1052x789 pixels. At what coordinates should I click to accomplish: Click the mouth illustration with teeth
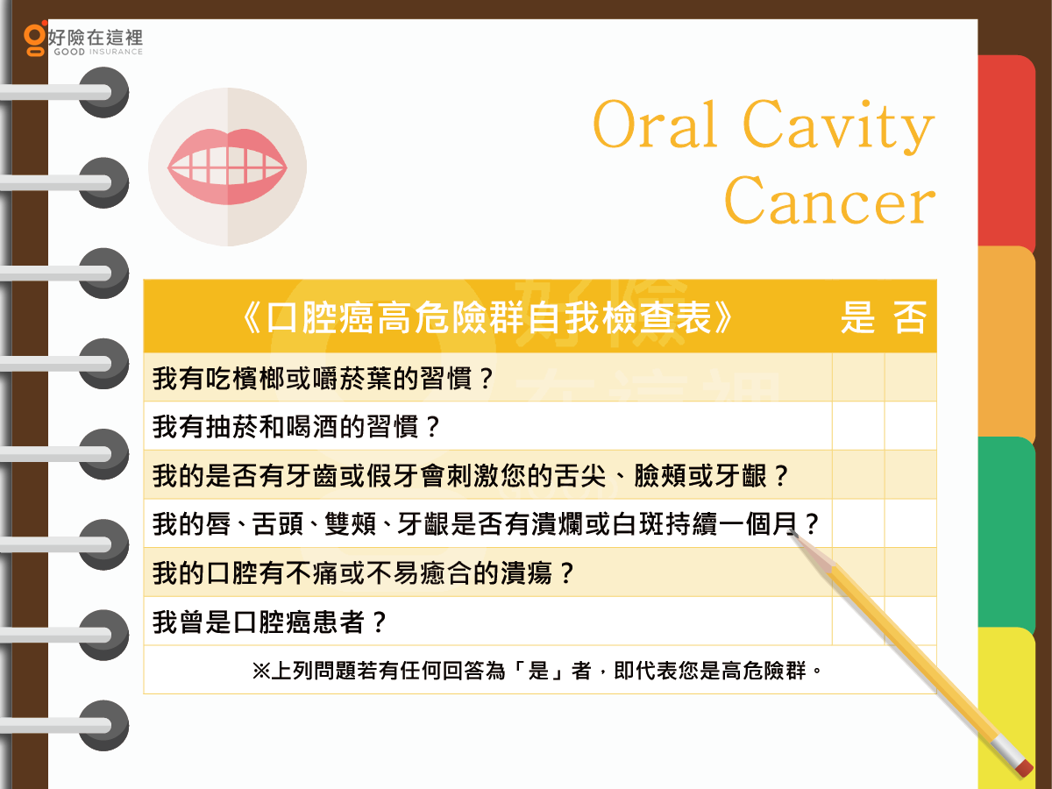227,167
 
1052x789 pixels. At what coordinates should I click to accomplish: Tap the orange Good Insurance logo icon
35,39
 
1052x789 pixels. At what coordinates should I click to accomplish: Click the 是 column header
858,317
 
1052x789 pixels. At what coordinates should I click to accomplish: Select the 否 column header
910,317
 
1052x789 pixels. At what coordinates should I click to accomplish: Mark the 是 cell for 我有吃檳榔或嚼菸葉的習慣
858,378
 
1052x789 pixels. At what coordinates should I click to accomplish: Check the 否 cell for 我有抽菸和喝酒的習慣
911,426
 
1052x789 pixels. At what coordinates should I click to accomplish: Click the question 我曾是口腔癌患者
269,622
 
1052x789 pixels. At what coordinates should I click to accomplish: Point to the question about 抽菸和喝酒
296,426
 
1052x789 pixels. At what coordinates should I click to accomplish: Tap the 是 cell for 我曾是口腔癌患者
858,621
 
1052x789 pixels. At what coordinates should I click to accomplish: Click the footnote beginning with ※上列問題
537,670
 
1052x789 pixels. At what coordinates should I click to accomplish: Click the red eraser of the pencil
1024,767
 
